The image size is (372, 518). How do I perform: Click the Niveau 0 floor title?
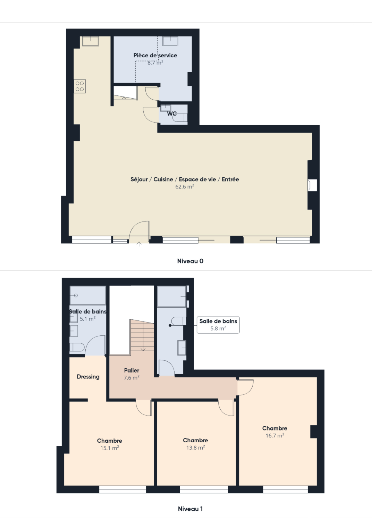coord(190,261)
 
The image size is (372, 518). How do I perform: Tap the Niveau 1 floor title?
coord(190,509)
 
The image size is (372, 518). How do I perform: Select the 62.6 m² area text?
coord(185,187)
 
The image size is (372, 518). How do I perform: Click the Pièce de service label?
coord(155,55)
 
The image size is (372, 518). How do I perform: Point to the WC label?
coord(172,114)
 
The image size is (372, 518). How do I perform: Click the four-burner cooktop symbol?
coord(80,86)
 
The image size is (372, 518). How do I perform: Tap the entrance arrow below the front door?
coord(139,244)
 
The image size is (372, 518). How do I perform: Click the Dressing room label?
coord(88,377)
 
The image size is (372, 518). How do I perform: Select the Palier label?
coord(132,370)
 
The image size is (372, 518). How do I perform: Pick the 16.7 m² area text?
coord(275,436)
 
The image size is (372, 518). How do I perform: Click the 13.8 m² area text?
coord(195,448)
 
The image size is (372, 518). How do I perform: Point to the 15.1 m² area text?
coord(109,448)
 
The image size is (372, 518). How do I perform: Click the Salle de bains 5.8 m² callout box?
coord(218,325)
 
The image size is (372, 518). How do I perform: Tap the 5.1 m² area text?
coord(88,319)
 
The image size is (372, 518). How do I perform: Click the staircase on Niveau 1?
coord(142,335)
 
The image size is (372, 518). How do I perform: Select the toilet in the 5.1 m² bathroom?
coord(77,348)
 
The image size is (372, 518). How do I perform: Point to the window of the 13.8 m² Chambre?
coord(204,489)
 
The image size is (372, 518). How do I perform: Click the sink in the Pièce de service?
coord(170,41)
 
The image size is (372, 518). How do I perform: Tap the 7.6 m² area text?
coord(132,378)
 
